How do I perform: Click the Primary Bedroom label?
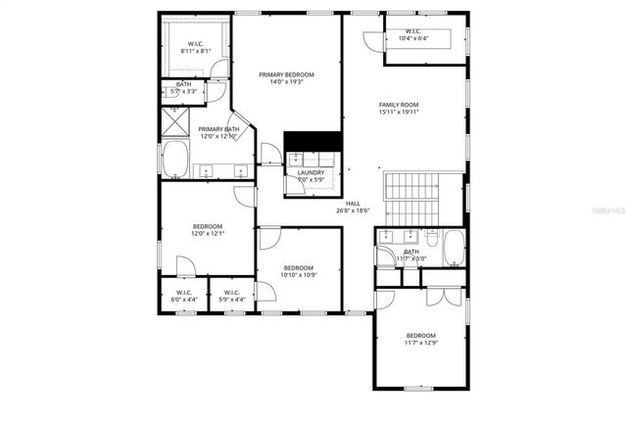pyautogui.click(x=287, y=75)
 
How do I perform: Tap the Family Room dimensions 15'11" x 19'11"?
pyautogui.click(x=399, y=112)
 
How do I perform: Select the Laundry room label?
pyautogui.click(x=311, y=173)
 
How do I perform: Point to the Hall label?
pyautogui.click(x=352, y=203)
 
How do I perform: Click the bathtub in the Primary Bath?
pyautogui.click(x=177, y=160)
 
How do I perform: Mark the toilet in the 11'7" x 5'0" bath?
pyautogui.click(x=432, y=238)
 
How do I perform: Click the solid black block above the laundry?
pyautogui.click(x=311, y=141)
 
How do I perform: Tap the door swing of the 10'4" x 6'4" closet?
pyautogui.click(x=371, y=42)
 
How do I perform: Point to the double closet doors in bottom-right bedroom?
pyautogui.click(x=447, y=301)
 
